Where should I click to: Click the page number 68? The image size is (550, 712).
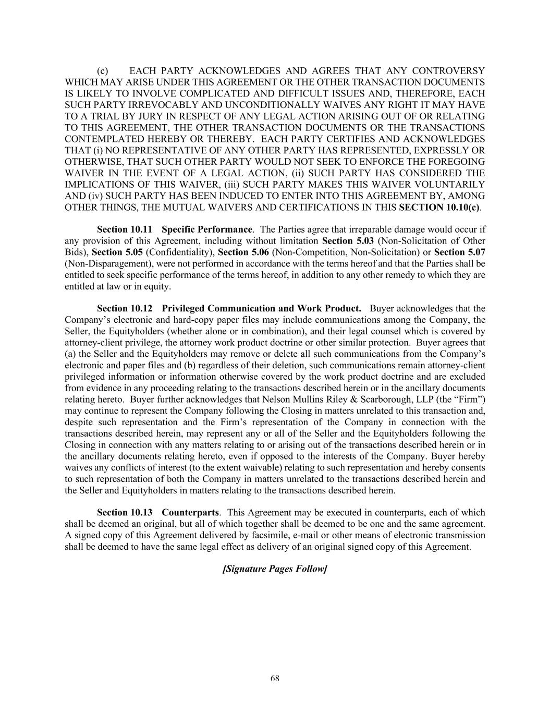point(275,678)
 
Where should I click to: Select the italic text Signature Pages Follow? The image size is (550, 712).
point(275,569)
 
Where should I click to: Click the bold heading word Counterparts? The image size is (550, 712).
point(190,512)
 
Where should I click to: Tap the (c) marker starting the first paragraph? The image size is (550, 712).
point(103,71)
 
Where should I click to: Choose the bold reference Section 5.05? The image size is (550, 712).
point(118,252)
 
